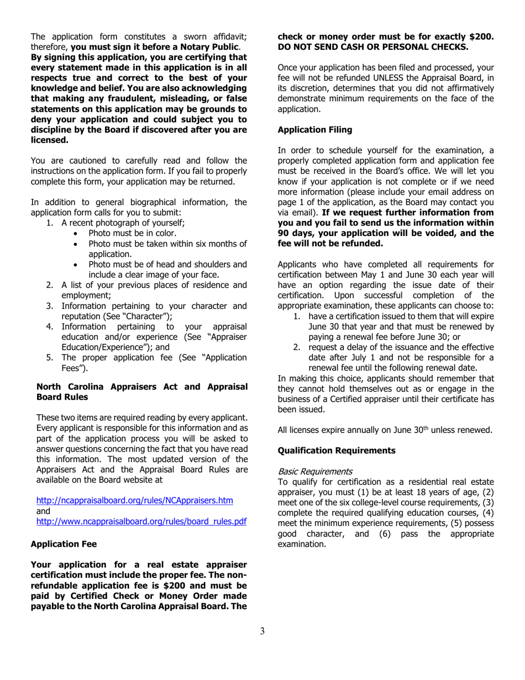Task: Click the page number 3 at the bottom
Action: [262, 631]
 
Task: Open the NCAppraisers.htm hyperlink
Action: [134, 500]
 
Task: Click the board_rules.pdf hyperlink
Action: [141, 521]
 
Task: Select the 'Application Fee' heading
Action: [64, 544]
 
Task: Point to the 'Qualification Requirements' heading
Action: [336, 451]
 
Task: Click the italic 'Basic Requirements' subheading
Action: [314, 472]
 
